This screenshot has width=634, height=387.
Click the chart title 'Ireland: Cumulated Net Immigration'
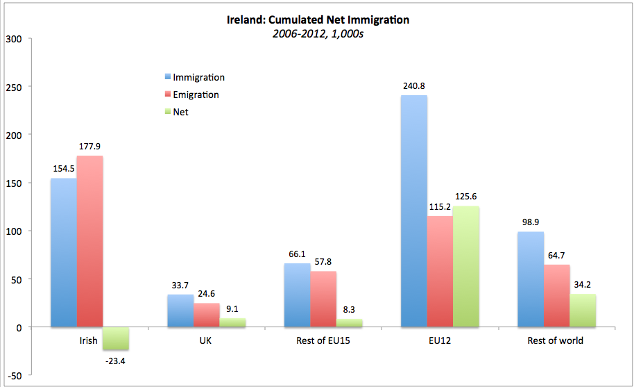[318, 20]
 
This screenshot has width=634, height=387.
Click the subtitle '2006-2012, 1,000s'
[318, 34]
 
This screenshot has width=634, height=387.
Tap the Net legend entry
[180, 111]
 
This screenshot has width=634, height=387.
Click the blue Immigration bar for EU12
[414, 211]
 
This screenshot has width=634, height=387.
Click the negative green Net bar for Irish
[116, 338]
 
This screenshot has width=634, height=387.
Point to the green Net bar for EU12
[466, 266]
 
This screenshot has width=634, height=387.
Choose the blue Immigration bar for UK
[180, 311]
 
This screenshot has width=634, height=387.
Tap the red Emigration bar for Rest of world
[557, 295]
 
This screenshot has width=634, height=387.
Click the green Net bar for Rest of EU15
[350, 323]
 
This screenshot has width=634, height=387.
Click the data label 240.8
[414, 86]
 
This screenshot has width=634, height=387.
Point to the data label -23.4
[116, 360]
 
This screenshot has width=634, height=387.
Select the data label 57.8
[323, 262]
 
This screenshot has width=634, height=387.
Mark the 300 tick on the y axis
[15, 38]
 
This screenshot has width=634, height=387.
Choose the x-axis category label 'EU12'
[440, 340]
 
